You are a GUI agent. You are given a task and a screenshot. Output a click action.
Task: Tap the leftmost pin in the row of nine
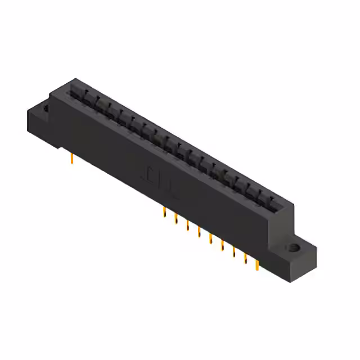click(164, 212)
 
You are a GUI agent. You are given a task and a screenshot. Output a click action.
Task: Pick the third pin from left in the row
click(187, 225)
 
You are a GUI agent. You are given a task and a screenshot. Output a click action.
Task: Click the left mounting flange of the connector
click(38, 121)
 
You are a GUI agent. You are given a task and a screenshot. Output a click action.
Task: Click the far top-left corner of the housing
click(75, 79)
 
